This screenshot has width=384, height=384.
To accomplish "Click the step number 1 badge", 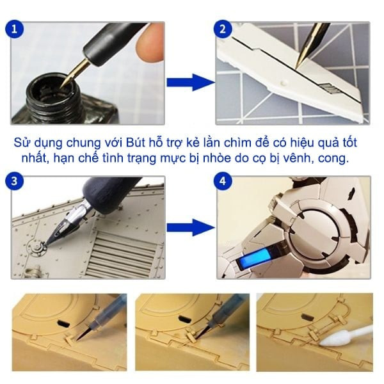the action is [x=14, y=29].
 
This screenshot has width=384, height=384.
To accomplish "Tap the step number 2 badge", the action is [x=223, y=29].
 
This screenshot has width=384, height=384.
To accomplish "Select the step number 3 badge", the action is [x=14, y=181].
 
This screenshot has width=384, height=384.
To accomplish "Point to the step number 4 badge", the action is [x=223, y=181].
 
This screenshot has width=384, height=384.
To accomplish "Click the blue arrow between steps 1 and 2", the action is [x=191, y=83].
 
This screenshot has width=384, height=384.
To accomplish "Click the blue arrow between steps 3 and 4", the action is [x=191, y=227].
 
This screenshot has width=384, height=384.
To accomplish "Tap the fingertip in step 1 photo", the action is [x=150, y=42].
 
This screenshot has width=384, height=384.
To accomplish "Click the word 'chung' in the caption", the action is [x=83, y=143].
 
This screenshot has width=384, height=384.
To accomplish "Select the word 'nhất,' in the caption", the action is [x=35, y=159].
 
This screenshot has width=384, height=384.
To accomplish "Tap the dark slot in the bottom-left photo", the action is [x=63, y=323].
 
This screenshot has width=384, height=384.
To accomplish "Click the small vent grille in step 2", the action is [x=329, y=88].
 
